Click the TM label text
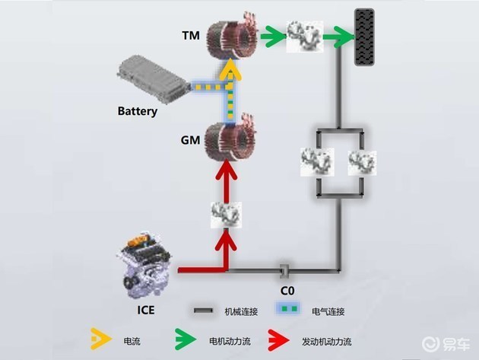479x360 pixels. (x=192, y=35)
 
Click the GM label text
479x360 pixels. (x=192, y=141)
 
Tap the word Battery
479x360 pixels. (x=138, y=112)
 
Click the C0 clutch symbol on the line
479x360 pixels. (x=283, y=270)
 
